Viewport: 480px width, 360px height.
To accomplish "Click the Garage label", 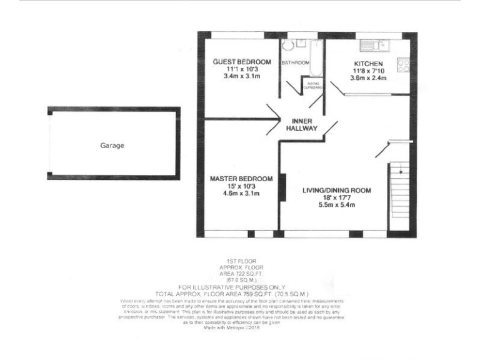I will [x=112, y=146].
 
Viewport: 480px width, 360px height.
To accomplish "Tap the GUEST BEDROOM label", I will [x=242, y=61].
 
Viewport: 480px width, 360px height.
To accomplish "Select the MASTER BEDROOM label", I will [x=241, y=178].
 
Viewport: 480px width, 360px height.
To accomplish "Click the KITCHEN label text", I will [x=368, y=64].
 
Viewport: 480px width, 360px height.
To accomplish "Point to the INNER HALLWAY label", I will [x=302, y=124].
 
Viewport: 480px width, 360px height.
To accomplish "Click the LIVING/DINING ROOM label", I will [x=337, y=190].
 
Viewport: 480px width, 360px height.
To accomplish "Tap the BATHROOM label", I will [x=295, y=63].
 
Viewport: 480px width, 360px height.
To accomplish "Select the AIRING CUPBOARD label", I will [x=312, y=86].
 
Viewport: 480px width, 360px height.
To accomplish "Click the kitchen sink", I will [x=375, y=45].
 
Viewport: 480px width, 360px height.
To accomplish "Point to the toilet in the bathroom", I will [x=287, y=45].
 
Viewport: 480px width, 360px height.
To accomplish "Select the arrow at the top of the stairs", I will [x=400, y=169].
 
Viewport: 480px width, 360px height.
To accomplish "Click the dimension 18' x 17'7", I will [x=337, y=197].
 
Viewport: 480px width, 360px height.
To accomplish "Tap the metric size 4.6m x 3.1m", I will [x=241, y=193].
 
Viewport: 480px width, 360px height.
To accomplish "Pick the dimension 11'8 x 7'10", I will [x=368, y=71].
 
